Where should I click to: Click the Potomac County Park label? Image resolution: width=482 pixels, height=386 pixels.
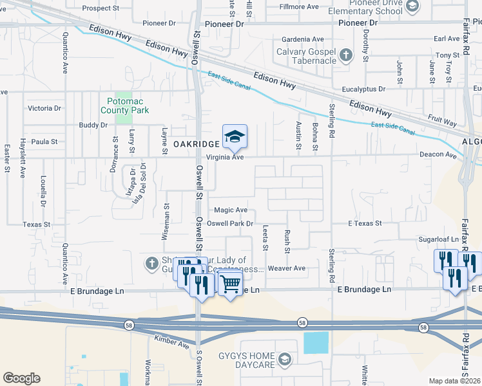[128, 106]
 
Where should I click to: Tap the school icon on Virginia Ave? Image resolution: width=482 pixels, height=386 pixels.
[235, 136]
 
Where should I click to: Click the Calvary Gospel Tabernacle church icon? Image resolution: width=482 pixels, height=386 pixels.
[345, 55]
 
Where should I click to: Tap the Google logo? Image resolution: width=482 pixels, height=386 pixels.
[21, 378]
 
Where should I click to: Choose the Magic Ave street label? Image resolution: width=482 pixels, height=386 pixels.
[231, 210]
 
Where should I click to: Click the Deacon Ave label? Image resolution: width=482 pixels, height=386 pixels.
[438, 154]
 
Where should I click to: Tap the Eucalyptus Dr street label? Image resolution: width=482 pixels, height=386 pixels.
[364, 89]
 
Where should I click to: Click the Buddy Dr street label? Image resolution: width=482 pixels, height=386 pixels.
[93, 125]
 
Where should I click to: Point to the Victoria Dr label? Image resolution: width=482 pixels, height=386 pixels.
[44, 108]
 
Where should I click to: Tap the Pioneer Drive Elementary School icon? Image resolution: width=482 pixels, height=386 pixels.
[413, 7]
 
